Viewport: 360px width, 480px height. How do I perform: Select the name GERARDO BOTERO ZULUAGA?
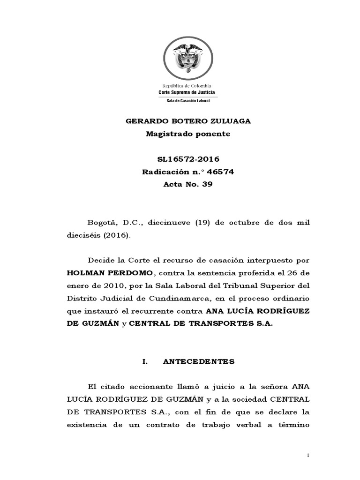pyautogui.click(x=188, y=121)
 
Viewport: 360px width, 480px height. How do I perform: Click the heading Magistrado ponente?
pyautogui.click(x=188, y=134)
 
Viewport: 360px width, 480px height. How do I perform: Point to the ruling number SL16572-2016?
pyautogui.click(x=188, y=159)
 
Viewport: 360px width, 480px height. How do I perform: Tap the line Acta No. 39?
pyautogui.click(x=188, y=184)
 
